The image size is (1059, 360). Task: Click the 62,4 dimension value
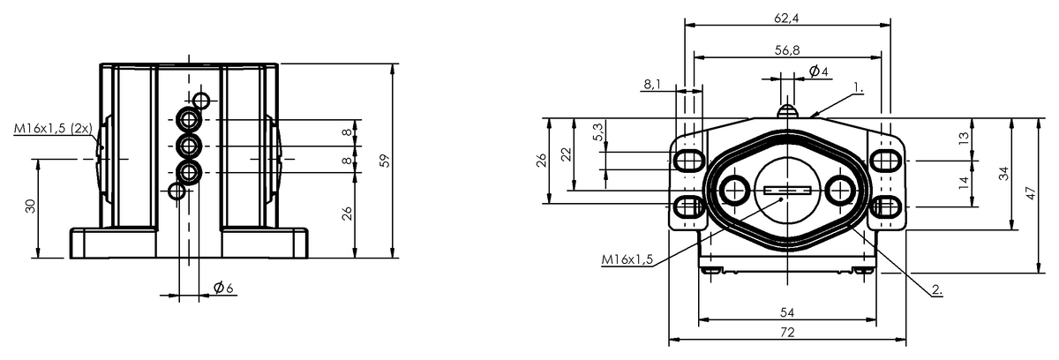point(786,18)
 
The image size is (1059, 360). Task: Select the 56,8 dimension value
point(787,50)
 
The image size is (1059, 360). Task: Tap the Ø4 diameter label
point(818,71)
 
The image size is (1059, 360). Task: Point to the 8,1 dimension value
point(652,84)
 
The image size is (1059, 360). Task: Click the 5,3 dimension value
point(598,131)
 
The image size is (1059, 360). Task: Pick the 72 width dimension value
point(787,332)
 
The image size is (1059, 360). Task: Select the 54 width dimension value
point(787,312)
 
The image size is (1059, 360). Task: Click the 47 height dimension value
point(1030,193)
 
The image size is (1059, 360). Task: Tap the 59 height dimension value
point(386,161)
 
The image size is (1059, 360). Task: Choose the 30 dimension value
point(30,206)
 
